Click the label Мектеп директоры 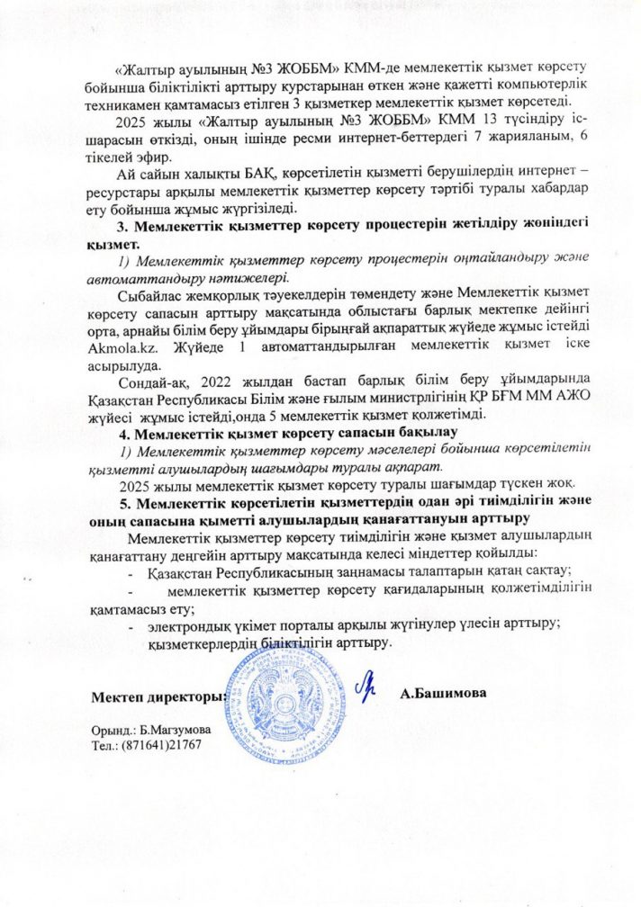(x=157, y=696)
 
